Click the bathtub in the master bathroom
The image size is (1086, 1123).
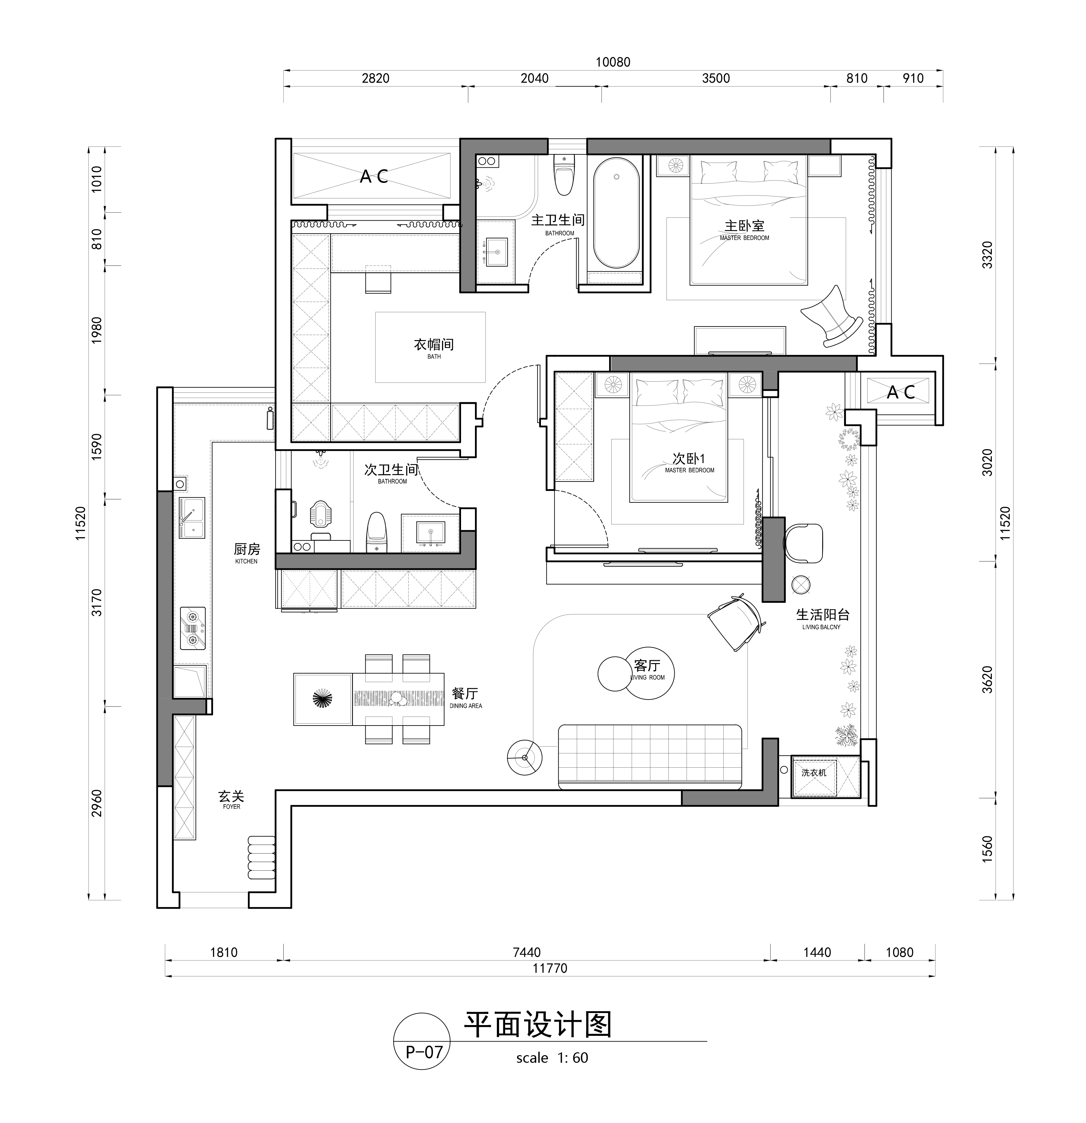pos(616,213)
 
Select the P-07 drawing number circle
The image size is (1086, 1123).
pos(422,1052)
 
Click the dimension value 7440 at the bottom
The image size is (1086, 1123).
pos(526,952)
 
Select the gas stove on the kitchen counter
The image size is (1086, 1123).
pos(192,628)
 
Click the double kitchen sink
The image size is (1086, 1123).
pos(192,517)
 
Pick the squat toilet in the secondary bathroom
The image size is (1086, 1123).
pos(320,513)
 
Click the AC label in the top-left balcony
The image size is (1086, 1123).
pos(374,177)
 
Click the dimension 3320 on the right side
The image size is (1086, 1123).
pos(987,255)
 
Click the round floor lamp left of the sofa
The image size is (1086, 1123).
pos(524,758)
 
